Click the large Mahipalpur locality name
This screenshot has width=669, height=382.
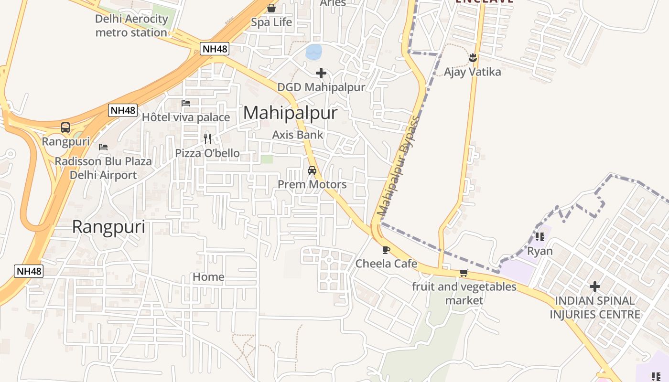[x=290, y=113]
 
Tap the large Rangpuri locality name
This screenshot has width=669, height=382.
[x=108, y=227]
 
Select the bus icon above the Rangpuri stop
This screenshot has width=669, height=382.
[x=65, y=128]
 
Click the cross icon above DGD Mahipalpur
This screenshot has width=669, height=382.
[x=321, y=73]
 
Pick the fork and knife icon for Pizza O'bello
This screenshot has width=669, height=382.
[x=207, y=139]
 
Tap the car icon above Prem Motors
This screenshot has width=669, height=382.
[x=312, y=170]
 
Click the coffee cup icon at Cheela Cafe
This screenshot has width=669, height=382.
[x=386, y=250]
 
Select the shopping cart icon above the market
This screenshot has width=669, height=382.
[x=464, y=273]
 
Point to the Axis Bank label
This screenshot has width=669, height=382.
[x=298, y=135]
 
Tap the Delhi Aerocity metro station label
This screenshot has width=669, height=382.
[x=131, y=26]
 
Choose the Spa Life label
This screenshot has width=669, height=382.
[x=271, y=22]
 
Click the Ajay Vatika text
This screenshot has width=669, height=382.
[x=472, y=72]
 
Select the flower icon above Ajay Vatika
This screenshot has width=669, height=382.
[x=473, y=58]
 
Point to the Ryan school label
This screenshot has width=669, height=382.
[x=540, y=251]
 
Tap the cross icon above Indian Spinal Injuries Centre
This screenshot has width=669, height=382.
[x=595, y=286]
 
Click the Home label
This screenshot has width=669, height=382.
[x=208, y=277]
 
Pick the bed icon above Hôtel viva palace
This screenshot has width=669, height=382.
[x=186, y=103]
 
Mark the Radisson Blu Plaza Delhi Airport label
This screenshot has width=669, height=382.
[x=103, y=168]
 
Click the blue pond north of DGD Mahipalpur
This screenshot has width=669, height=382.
[x=314, y=52]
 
